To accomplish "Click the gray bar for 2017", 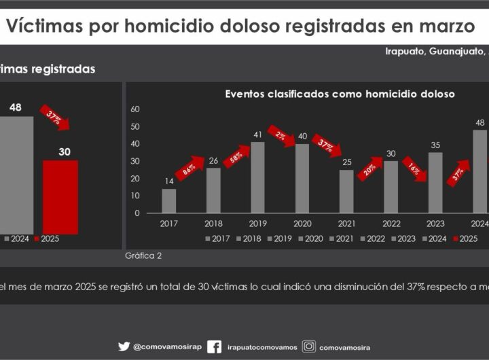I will click(x=168, y=201).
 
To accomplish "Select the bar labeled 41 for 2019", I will click(x=257, y=177).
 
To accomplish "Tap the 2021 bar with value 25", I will click(x=346, y=191).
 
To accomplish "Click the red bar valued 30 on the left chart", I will click(x=60, y=197).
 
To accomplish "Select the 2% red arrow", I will click(x=281, y=135).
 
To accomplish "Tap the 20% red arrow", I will click(x=371, y=168).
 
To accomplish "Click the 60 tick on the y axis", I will click(x=134, y=109).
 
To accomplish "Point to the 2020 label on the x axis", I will click(x=302, y=223).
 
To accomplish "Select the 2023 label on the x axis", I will click(x=435, y=223).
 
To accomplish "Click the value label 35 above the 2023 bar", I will click(x=435, y=145).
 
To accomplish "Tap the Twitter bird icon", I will click(x=124, y=346).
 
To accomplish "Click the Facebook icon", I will click(x=214, y=346).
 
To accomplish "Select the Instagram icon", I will click(x=309, y=346).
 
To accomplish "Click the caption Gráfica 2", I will click(x=143, y=256).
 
